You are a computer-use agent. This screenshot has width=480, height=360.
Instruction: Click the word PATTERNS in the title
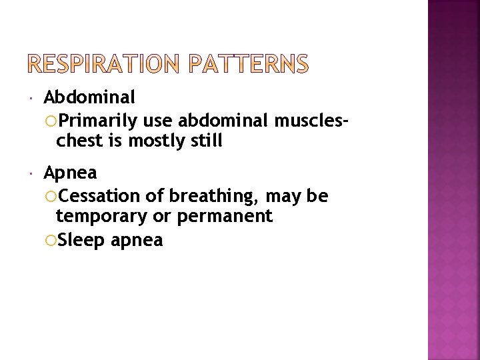coord(248,64)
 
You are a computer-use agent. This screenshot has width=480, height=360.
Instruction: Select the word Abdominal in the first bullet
coord(89,97)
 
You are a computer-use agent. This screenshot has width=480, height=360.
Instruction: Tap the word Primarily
coord(98,121)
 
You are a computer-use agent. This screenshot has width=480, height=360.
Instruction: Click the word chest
coord(79,141)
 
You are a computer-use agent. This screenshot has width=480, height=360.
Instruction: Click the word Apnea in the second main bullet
coord(70,173)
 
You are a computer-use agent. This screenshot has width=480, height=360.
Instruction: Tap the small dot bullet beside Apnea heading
coord(32,175)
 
